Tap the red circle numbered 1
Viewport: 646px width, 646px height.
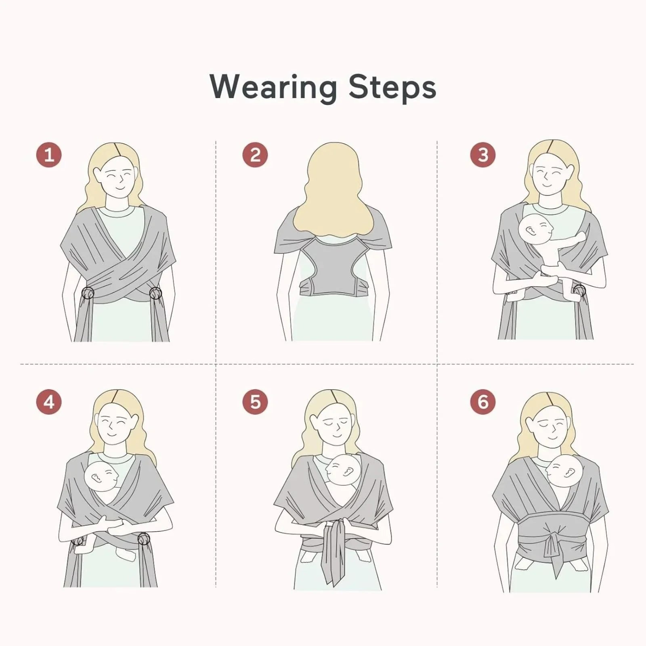point(49,155)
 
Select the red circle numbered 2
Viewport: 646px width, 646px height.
point(255,155)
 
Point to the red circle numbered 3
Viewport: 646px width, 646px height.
point(483,155)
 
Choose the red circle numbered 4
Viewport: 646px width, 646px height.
point(49,402)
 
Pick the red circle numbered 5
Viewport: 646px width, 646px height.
point(255,402)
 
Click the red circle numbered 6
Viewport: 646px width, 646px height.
point(483,402)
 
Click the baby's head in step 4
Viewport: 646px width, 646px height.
point(102,476)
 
